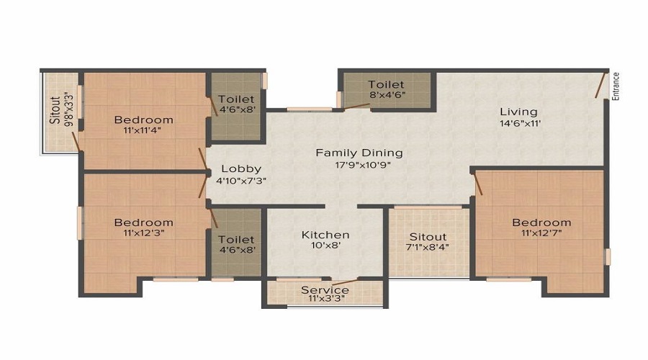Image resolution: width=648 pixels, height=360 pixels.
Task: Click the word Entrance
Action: coord(616,86)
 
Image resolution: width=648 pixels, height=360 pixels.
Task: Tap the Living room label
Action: coord(518,112)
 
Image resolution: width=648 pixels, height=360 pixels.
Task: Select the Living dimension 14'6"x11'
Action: coord(520,123)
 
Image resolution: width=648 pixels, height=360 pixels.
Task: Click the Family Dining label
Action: coord(359,153)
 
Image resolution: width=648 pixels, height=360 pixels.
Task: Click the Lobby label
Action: coord(241,168)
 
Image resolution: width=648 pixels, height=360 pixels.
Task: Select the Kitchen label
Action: coord(325,235)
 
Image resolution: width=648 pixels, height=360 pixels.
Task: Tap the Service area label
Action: coord(325,289)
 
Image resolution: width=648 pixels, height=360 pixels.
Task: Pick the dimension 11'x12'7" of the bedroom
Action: coord(541,233)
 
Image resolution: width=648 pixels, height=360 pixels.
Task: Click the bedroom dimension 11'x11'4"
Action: coord(142,130)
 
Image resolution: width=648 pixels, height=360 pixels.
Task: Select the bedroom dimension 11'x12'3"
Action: coord(143,233)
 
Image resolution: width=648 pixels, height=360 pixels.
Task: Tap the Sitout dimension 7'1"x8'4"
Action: coord(428,248)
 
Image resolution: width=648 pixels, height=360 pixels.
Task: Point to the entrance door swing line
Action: coord(601,85)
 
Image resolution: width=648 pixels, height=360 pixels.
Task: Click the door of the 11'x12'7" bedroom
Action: coord(478,184)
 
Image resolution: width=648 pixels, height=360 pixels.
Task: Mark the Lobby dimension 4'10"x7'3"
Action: coord(241,181)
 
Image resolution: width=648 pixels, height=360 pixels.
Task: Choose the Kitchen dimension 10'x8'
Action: coord(325,246)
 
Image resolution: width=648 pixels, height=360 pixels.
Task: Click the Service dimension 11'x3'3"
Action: coord(326,298)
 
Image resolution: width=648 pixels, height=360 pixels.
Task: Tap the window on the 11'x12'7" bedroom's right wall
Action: coord(608,256)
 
